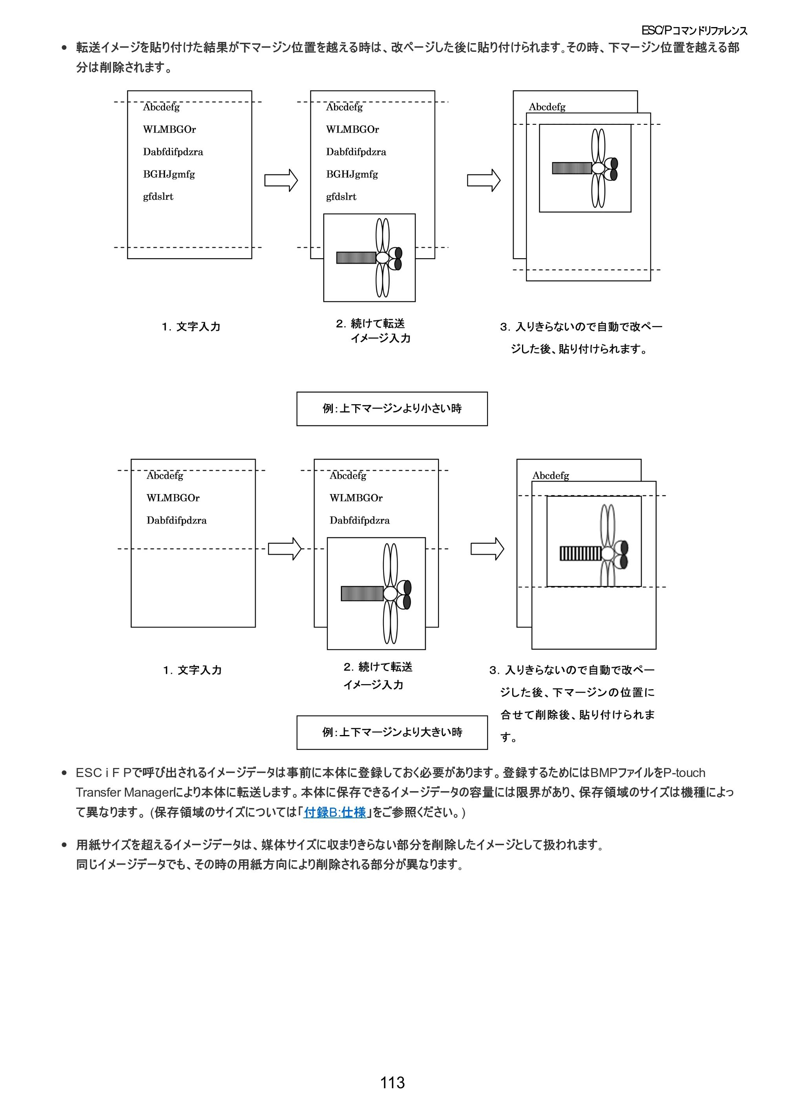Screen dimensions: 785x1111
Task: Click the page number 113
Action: tap(392, 1082)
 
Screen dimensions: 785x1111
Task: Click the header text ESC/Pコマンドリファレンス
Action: tap(694, 31)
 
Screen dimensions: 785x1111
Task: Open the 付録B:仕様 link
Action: tap(334, 812)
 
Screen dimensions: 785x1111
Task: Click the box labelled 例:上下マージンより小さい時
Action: tap(392, 409)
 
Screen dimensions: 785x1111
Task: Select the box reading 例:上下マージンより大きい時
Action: tap(392, 733)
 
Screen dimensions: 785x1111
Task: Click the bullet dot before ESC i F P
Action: tap(64, 773)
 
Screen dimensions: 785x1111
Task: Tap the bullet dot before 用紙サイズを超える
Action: tap(64, 845)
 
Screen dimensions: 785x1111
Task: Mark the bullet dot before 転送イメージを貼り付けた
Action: tap(64, 48)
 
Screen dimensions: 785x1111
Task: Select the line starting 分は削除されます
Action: tap(124, 67)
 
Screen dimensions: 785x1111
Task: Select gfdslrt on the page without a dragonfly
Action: tap(158, 197)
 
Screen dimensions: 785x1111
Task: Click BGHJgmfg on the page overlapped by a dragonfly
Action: tap(352, 174)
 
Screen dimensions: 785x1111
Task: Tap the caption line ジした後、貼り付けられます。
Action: tap(579, 349)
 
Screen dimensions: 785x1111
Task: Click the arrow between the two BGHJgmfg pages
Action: tap(281, 181)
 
